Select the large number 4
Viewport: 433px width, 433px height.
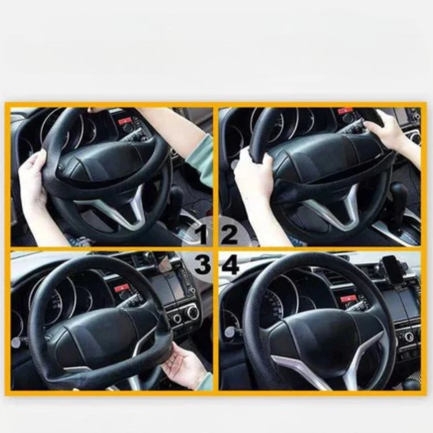click(230, 266)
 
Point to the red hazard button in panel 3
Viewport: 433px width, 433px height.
click(121, 289)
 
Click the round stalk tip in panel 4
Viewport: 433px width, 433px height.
click(229, 330)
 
